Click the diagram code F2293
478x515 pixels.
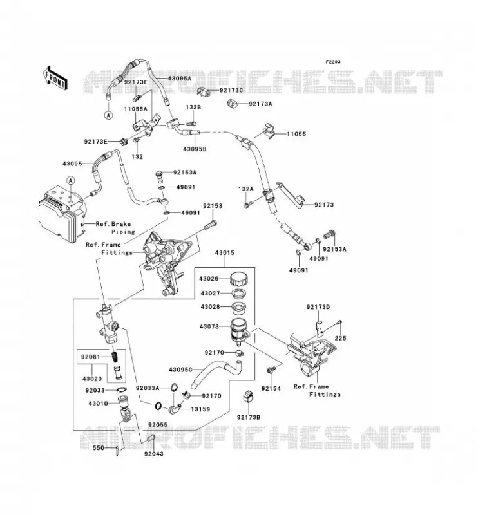(333, 62)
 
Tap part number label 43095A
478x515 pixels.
(180, 79)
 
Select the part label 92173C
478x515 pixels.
(231, 90)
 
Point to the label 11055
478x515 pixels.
(296, 134)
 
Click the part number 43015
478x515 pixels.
(225, 252)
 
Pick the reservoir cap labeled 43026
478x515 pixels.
(240, 279)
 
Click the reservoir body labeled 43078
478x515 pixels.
(241, 331)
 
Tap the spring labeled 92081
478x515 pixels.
(115, 356)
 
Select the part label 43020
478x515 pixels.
(92, 379)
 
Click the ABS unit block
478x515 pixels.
(63, 213)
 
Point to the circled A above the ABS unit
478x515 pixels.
(71, 180)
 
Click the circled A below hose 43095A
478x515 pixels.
(108, 115)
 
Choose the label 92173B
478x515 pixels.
(249, 417)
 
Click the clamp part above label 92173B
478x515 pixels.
(249, 397)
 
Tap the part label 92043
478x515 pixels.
(153, 454)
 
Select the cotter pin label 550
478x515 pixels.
(98, 448)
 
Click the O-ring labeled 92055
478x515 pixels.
(158, 406)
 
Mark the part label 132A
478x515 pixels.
(246, 189)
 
